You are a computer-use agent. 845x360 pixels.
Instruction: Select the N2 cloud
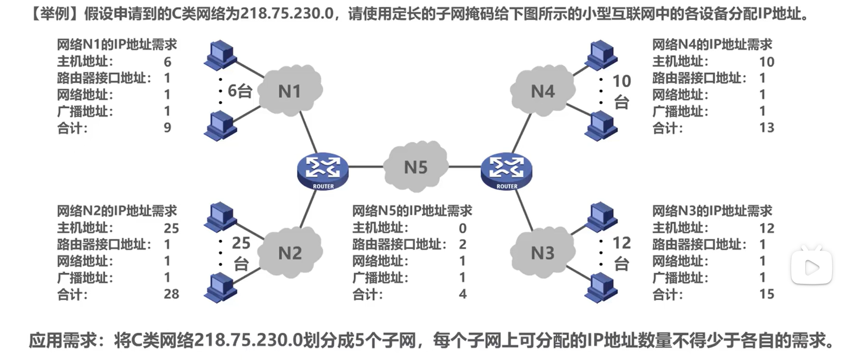tap(290, 253)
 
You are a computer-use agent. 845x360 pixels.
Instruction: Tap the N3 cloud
tap(543, 253)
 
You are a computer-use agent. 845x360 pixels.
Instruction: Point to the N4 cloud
tap(543, 91)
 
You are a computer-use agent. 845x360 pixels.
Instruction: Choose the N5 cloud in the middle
tap(416, 167)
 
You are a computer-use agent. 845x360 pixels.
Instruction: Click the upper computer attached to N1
tap(221, 55)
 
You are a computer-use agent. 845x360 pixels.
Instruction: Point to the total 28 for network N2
tap(171, 294)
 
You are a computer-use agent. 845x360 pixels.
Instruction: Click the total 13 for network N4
tap(767, 128)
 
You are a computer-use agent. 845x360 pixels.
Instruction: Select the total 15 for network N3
tap(767, 294)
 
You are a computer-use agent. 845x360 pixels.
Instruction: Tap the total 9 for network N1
tap(168, 128)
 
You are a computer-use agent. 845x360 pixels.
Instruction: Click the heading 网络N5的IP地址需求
tap(412, 211)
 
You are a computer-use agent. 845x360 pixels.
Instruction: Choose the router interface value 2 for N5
tap(463, 244)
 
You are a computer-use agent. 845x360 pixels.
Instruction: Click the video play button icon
tap(812, 268)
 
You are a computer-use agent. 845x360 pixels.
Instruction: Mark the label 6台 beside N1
tap(240, 91)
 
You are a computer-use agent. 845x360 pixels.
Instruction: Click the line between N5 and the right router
tap(465, 167)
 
